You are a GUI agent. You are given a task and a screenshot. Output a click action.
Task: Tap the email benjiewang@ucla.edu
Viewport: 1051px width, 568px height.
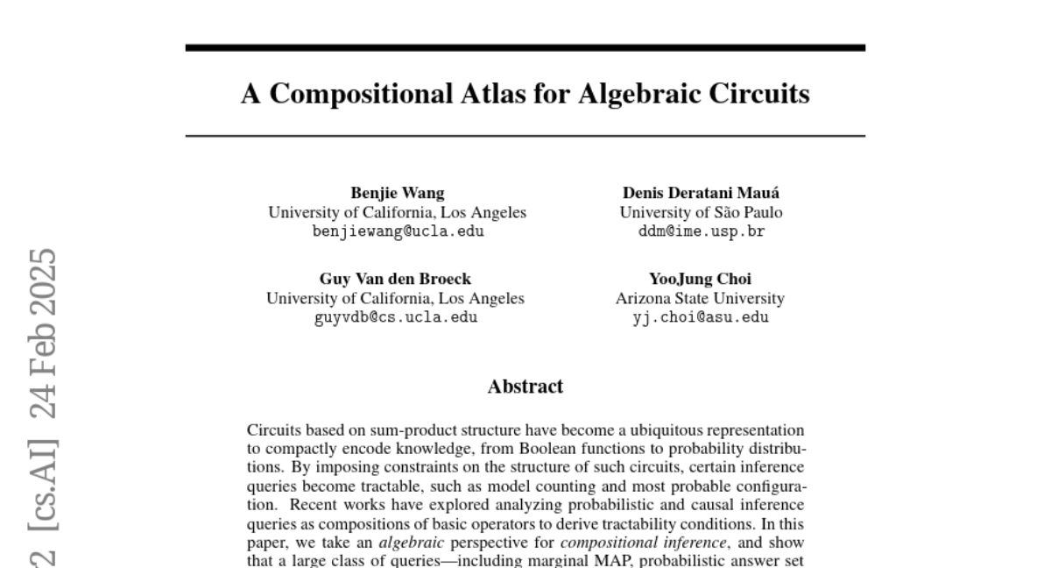397,231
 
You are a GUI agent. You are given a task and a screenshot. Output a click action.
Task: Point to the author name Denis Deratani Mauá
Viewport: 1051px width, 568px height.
701,194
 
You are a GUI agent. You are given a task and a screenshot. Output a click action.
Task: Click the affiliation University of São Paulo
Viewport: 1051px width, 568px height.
701,213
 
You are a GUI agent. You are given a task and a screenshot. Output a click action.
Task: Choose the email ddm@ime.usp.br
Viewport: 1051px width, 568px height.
701,231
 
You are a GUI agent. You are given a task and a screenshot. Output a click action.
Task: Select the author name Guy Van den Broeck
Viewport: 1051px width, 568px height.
395,280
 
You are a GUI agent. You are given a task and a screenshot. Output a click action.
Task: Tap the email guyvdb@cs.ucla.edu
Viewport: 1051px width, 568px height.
395,317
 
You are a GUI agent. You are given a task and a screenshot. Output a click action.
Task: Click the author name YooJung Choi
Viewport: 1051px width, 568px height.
700,280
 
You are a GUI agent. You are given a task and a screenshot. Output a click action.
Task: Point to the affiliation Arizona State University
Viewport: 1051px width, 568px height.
700,299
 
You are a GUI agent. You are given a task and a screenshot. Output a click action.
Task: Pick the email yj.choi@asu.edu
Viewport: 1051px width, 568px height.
700,317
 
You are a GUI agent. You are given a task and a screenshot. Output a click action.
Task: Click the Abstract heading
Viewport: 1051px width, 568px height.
525,387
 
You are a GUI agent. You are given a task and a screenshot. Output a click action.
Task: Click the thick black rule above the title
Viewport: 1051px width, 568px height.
525,47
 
